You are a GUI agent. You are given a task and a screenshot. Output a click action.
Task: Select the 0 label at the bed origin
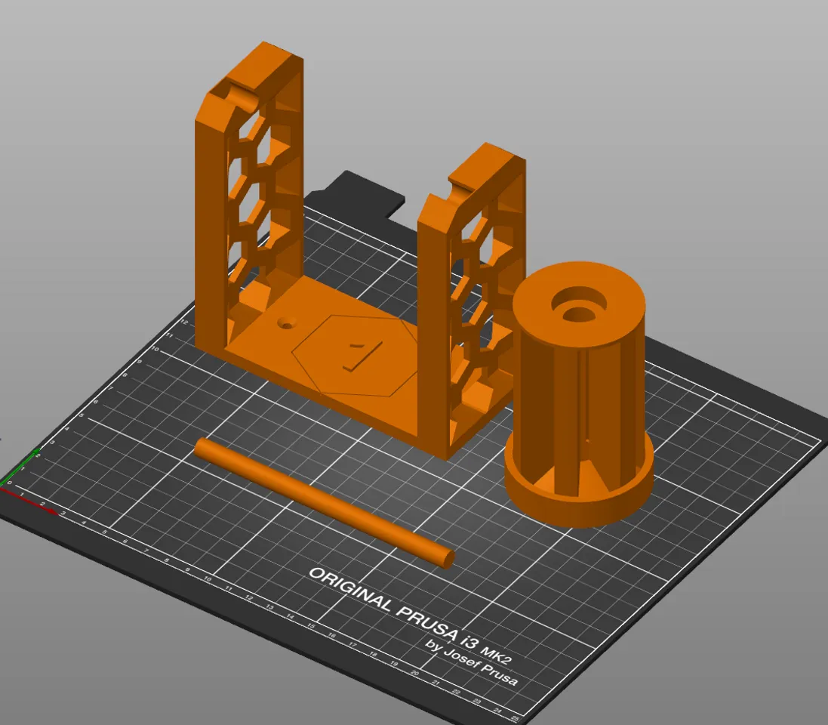[10, 483]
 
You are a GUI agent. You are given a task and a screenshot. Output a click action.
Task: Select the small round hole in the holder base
[285, 322]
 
